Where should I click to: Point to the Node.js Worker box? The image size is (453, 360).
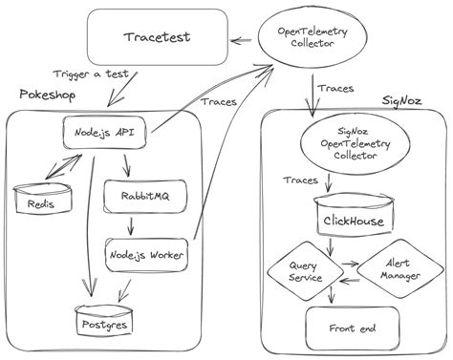[146, 254]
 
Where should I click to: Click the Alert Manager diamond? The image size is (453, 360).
[391, 268]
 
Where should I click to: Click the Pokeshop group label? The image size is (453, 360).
[47, 95]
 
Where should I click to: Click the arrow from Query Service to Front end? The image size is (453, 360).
[332, 295]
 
